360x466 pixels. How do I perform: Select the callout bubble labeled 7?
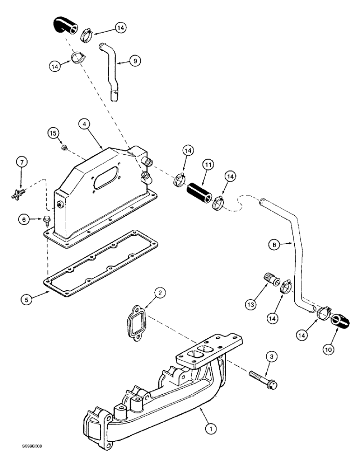pos(21,163)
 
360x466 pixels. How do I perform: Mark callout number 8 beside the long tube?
pos(275,243)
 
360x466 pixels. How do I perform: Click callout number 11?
pos(208,164)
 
